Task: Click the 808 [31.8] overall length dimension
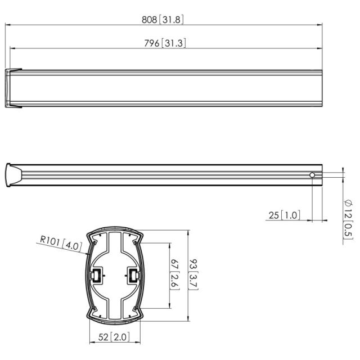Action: click(x=163, y=19)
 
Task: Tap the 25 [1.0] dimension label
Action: click(x=284, y=215)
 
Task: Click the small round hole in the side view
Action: click(x=312, y=175)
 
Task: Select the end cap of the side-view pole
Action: click(x=12, y=175)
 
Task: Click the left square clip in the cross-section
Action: click(x=97, y=276)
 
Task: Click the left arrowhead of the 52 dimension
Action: click(x=92, y=343)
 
